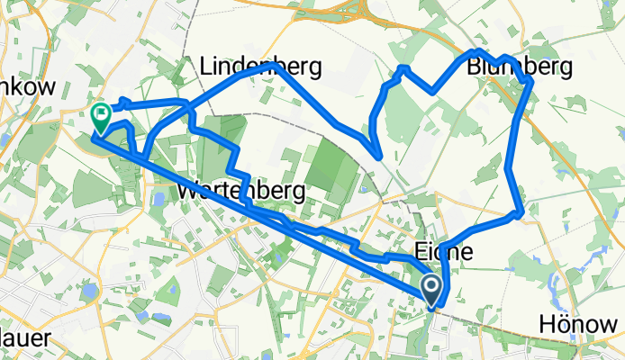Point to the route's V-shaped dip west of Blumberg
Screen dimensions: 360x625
(x=433, y=91)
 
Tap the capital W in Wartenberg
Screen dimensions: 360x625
(x=190, y=191)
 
